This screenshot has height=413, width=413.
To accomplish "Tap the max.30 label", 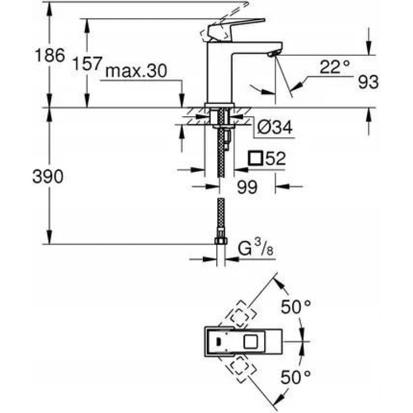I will click(136, 72).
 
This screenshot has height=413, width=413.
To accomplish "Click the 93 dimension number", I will click(368, 82).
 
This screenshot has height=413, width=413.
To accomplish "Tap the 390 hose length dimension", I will click(49, 177).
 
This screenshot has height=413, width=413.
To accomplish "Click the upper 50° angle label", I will click(296, 308).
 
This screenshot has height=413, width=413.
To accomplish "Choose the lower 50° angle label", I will click(296, 377).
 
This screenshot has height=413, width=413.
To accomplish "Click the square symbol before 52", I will click(256, 158).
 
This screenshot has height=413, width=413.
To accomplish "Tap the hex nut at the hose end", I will click(220, 242).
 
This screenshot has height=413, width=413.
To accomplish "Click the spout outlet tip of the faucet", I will click(274, 54).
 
